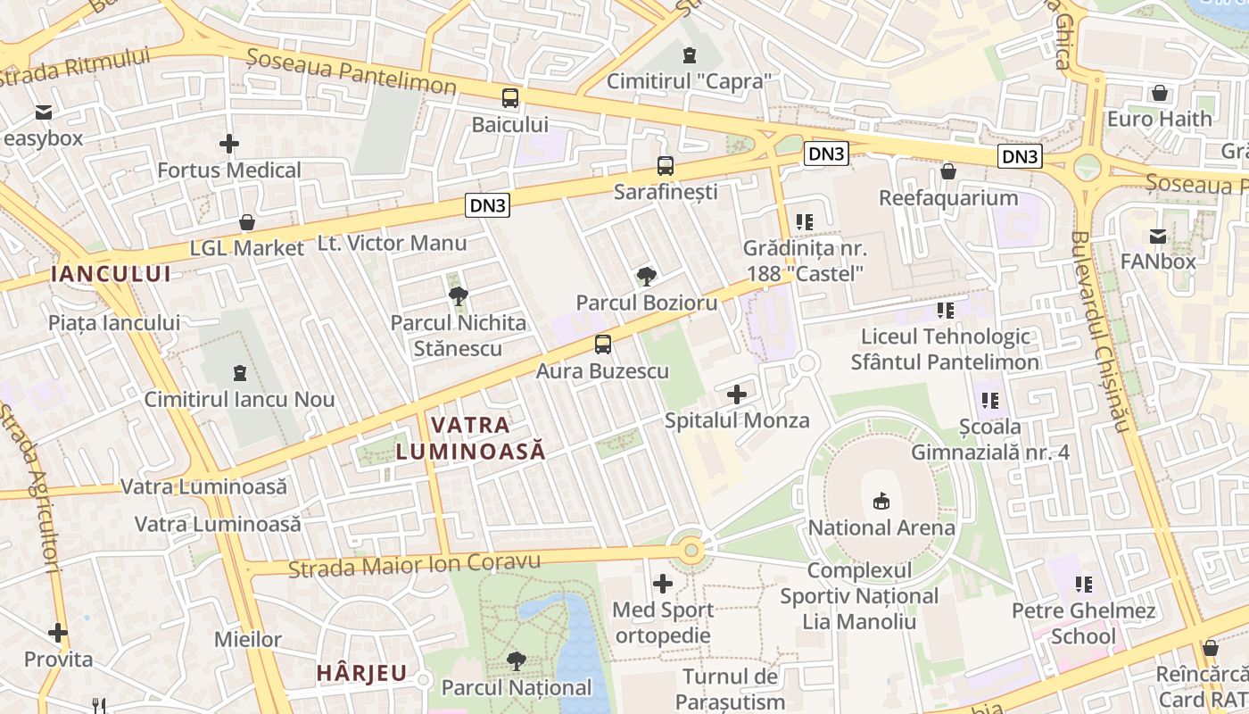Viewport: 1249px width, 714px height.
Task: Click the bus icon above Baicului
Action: tap(510, 98)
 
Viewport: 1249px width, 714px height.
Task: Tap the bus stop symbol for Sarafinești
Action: tap(666, 165)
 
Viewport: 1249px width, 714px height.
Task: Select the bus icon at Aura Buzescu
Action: tap(603, 344)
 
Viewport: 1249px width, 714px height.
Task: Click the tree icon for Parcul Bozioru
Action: tap(647, 277)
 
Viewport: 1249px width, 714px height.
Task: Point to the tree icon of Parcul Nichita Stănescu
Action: tap(459, 295)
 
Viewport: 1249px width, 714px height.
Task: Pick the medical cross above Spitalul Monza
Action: tap(737, 394)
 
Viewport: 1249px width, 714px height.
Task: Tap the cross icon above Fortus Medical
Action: tap(229, 143)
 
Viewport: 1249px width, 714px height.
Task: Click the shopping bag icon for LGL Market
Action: tap(247, 222)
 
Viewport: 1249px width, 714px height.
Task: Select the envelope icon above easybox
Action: tap(43, 112)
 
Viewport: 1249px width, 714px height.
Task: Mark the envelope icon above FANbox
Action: tap(1158, 237)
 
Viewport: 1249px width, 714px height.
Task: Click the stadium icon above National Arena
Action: tap(881, 501)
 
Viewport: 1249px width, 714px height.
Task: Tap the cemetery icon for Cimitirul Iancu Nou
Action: tap(239, 372)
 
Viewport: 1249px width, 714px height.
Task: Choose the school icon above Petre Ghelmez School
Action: tap(1084, 585)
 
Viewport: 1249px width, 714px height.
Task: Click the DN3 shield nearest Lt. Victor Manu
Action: tap(487, 206)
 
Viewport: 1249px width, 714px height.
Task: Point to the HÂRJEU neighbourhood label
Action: tap(362, 673)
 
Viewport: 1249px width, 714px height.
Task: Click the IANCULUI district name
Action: tap(111, 274)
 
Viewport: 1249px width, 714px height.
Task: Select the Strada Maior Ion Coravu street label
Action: tap(415, 565)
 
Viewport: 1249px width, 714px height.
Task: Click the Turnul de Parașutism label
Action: tap(731, 689)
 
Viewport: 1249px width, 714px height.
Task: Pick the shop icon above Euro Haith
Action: tap(1160, 93)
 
